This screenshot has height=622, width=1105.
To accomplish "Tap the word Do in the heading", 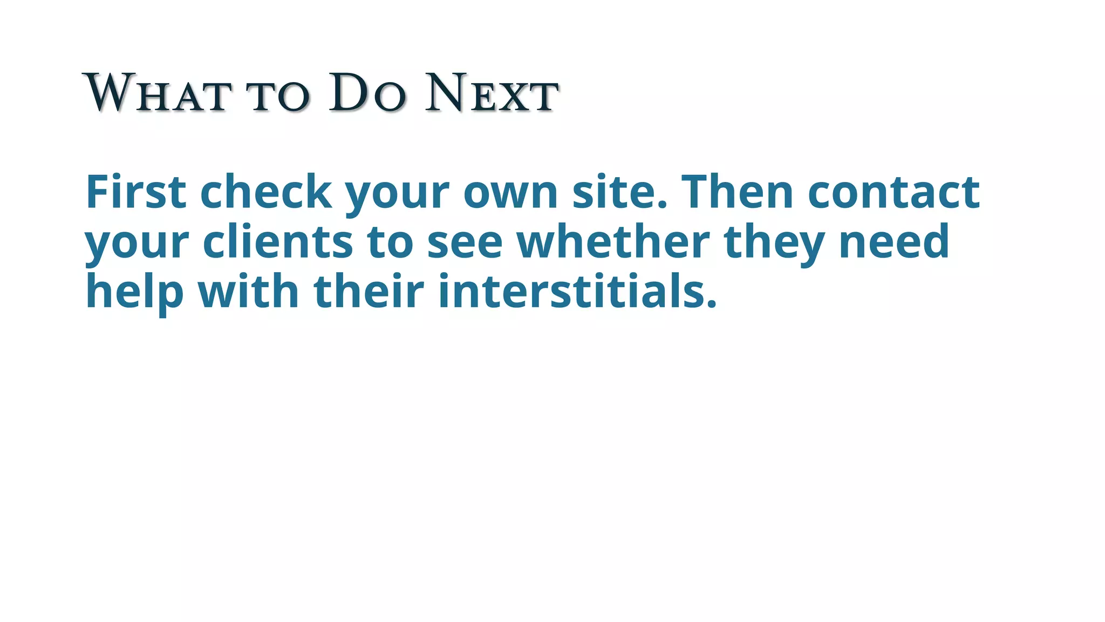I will [367, 94].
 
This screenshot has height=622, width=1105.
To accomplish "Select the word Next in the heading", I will [492, 94].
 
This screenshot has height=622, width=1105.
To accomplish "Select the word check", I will [265, 192].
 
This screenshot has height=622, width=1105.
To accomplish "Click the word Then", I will [737, 192].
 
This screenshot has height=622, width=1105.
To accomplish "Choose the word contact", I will [893, 192].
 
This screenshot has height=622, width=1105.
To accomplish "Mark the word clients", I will [278, 241].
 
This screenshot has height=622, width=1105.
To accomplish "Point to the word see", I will [465, 242].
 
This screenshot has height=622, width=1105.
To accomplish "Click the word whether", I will [613, 241].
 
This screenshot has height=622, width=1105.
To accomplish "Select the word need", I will [894, 241].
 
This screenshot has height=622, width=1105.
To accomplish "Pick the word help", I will [134, 292].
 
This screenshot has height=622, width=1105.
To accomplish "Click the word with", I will [248, 291].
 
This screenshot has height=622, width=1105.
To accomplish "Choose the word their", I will [369, 291].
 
